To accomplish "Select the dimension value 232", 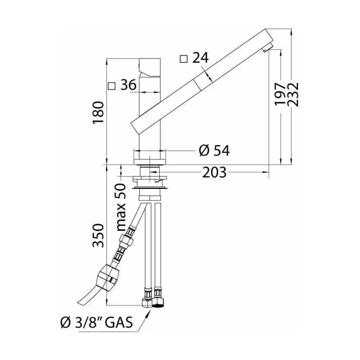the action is (x=294, y=94).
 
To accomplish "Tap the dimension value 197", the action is (x=280, y=94).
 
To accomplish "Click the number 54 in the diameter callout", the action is (x=222, y=150).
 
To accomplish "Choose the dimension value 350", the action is (x=99, y=235).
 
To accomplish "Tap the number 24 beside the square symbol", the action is (x=201, y=58).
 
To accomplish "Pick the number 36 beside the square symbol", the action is (x=129, y=85).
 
